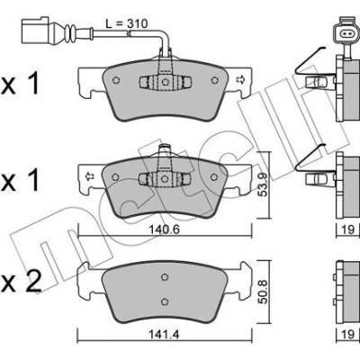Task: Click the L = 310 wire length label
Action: (127, 23)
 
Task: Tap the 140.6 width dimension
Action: (164, 229)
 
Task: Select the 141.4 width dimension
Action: (164, 334)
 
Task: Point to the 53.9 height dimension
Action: (263, 184)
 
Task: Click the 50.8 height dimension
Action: (263, 292)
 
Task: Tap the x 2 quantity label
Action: (21, 283)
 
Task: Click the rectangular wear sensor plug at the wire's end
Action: (35, 31)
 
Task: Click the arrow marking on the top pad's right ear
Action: (239, 80)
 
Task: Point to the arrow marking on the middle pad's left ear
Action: (89, 176)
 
